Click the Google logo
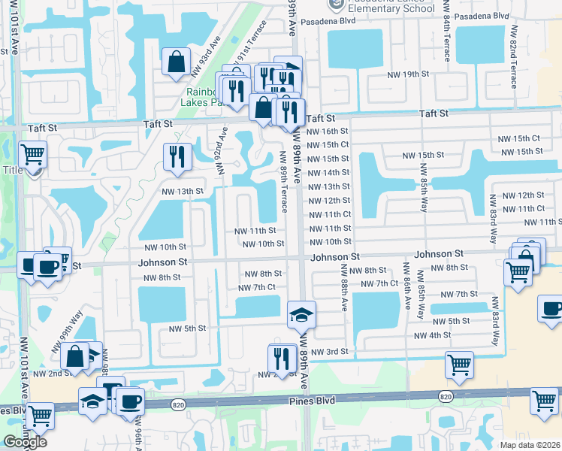[x=25, y=441]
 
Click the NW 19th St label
[x=408, y=74]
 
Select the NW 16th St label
[x=329, y=131]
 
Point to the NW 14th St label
[x=329, y=172]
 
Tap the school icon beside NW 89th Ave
[x=301, y=313]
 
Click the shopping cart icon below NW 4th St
[x=459, y=365]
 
